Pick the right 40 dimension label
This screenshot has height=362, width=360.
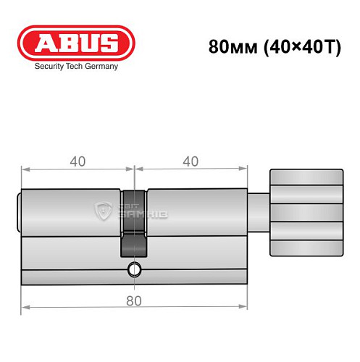(x=191, y=161)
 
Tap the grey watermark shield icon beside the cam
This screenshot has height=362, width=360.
(x=101, y=211)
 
